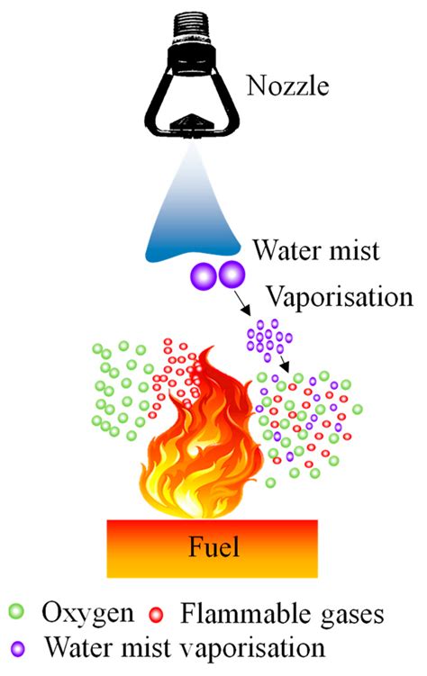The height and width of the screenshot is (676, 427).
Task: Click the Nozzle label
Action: pos(287,86)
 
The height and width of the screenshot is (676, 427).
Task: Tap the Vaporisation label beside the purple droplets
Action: pos(339,297)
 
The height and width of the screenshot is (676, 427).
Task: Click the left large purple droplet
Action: pos(204,275)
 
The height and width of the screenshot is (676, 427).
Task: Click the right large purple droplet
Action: pos(232,275)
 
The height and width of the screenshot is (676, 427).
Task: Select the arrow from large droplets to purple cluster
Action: pos(242,302)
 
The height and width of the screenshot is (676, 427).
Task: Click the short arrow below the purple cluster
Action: pos(284,363)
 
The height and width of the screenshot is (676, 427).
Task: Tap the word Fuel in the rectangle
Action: pos(213,547)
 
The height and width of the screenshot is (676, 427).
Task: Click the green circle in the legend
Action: pos(17,611)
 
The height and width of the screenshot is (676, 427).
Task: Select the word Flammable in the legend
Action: pos(245,613)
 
